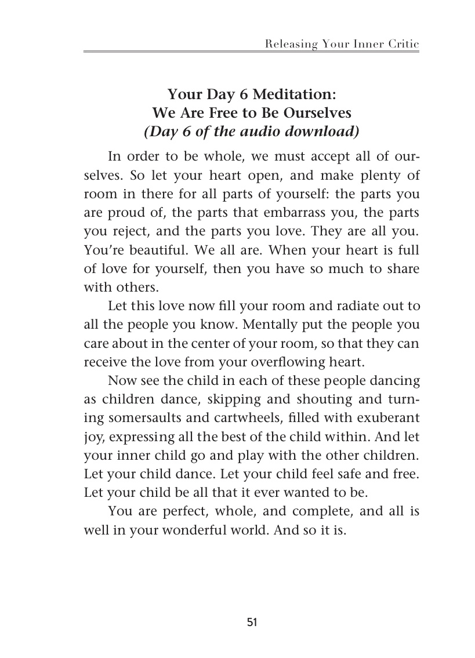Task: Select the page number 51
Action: [252, 623]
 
